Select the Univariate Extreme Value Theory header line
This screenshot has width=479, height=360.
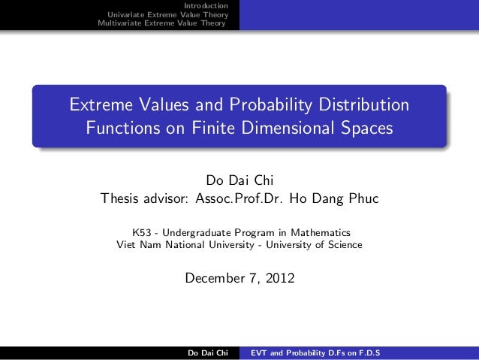(x=167, y=15)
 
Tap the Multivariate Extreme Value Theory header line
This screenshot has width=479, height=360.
(x=162, y=23)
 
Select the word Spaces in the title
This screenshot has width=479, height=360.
(x=368, y=128)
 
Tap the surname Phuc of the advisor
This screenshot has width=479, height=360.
(x=362, y=199)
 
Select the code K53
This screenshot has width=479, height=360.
(x=140, y=232)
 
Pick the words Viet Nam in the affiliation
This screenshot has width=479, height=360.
(x=137, y=244)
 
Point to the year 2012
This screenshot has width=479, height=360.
(x=279, y=279)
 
